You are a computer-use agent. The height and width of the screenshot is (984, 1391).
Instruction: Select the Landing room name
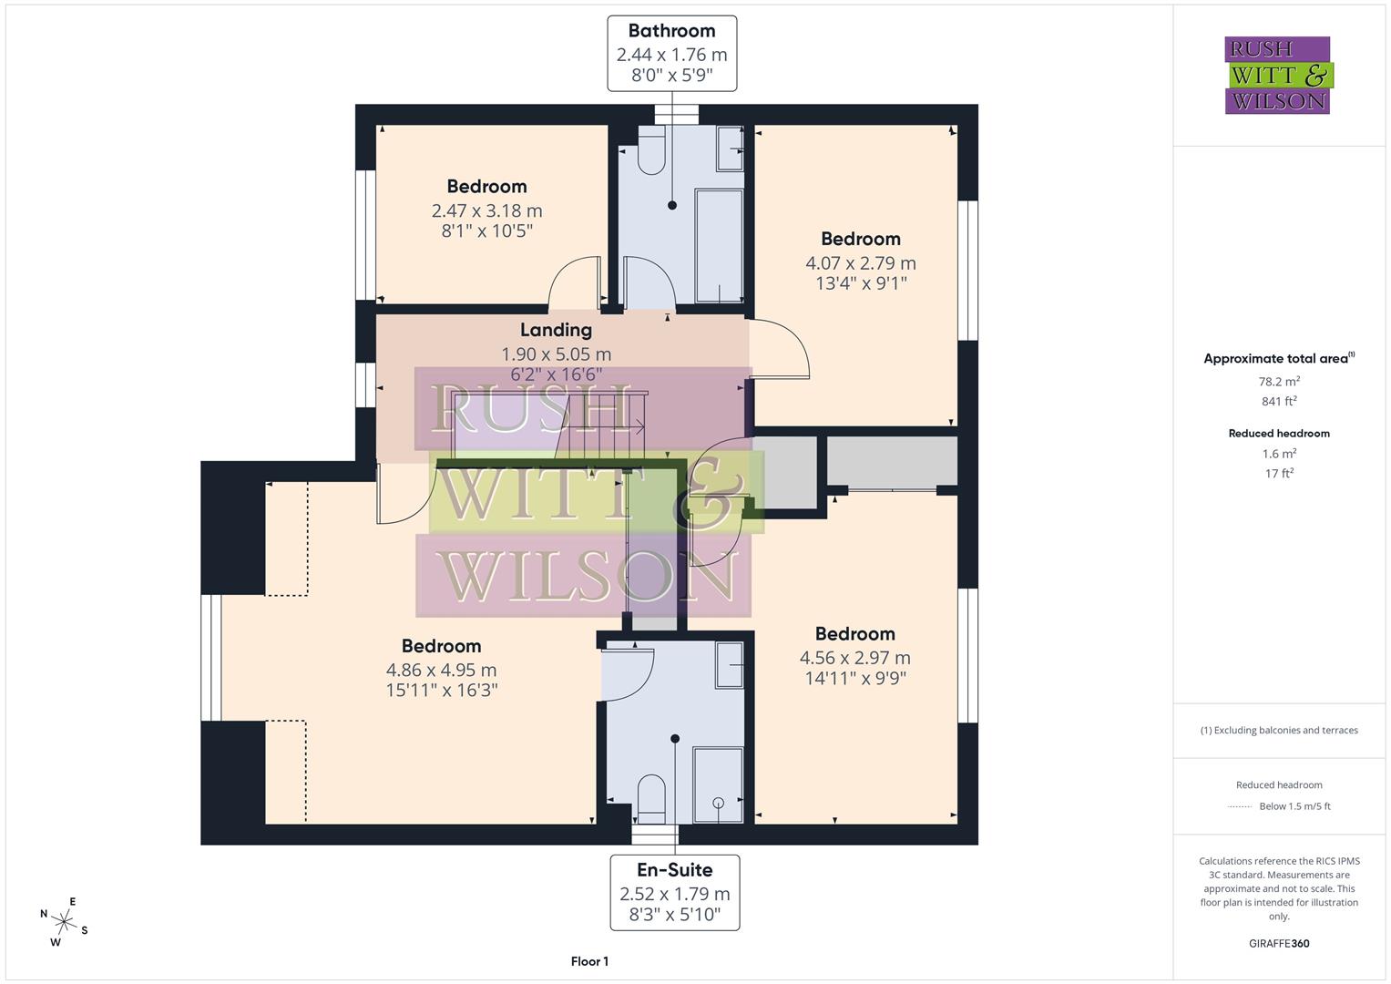pyautogui.click(x=556, y=330)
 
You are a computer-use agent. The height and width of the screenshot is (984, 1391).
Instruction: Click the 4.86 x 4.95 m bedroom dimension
pyautogui.click(x=441, y=671)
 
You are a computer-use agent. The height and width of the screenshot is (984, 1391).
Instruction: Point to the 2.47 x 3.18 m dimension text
pyautogui.click(x=486, y=210)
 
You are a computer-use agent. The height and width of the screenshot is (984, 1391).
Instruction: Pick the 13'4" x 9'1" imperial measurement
pyautogui.click(x=860, y=283)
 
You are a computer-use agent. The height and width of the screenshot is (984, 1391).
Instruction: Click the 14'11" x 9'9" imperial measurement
pyautogui.click(x=854, y=678)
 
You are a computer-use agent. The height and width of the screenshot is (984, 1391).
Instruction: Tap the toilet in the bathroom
pyautogui.click(x=650, y=153)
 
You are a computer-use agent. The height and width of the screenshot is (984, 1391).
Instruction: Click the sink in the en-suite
pyautogui.click(x=729, y=665)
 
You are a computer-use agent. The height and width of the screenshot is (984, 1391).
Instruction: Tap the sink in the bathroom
pyautogui.click(x=730, y=149)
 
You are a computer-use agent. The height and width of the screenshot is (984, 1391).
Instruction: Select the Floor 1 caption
pyautogui.click(x=589, y=961)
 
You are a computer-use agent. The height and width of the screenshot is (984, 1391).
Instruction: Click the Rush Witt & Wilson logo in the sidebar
pyautogui.click(x=1277, y=76)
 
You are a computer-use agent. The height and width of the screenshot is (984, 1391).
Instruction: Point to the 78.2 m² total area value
pyautogui.click(x=1279, y=382)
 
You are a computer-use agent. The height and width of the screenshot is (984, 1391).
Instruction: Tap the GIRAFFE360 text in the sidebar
pyautogui.click(x=1279, y=943)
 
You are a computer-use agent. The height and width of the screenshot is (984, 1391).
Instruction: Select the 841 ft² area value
pyautogui.click(x=1279, y=401)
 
